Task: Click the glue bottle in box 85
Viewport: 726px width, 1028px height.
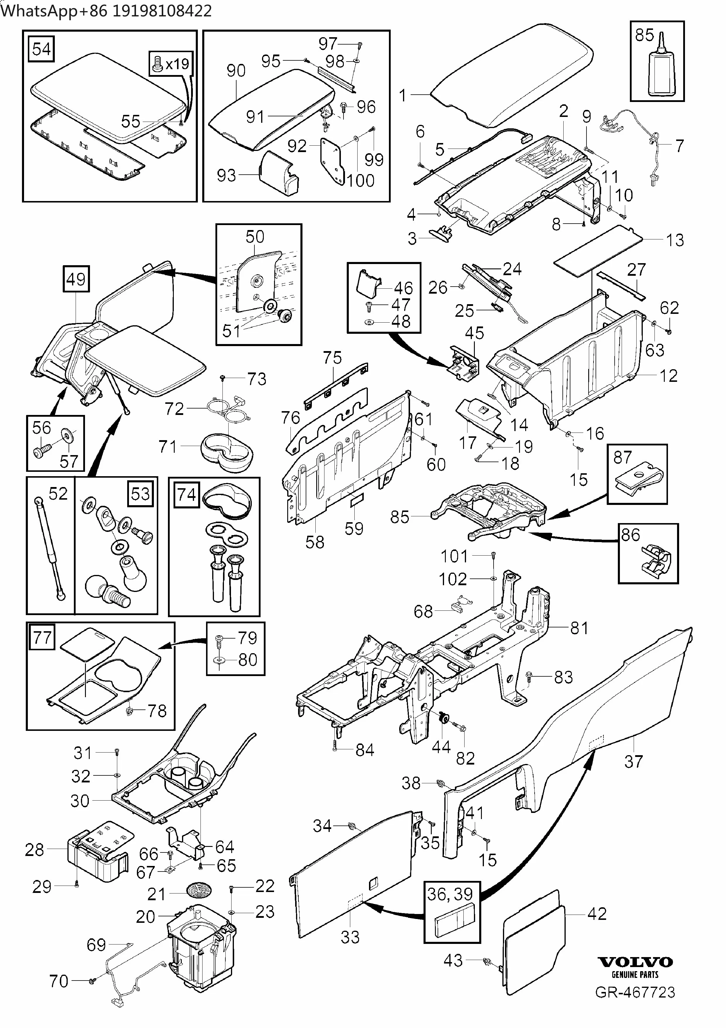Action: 660,71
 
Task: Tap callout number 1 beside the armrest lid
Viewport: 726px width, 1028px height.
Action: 403,95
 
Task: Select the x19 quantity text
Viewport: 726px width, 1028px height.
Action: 177,64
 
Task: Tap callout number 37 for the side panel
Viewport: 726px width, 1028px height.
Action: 633,761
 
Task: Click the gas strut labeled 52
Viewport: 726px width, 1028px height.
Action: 50,548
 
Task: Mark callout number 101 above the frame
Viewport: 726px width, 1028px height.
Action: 454,556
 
